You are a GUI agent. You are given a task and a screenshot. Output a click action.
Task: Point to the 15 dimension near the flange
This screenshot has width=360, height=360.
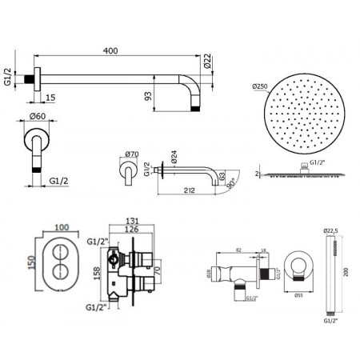[50, 98]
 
